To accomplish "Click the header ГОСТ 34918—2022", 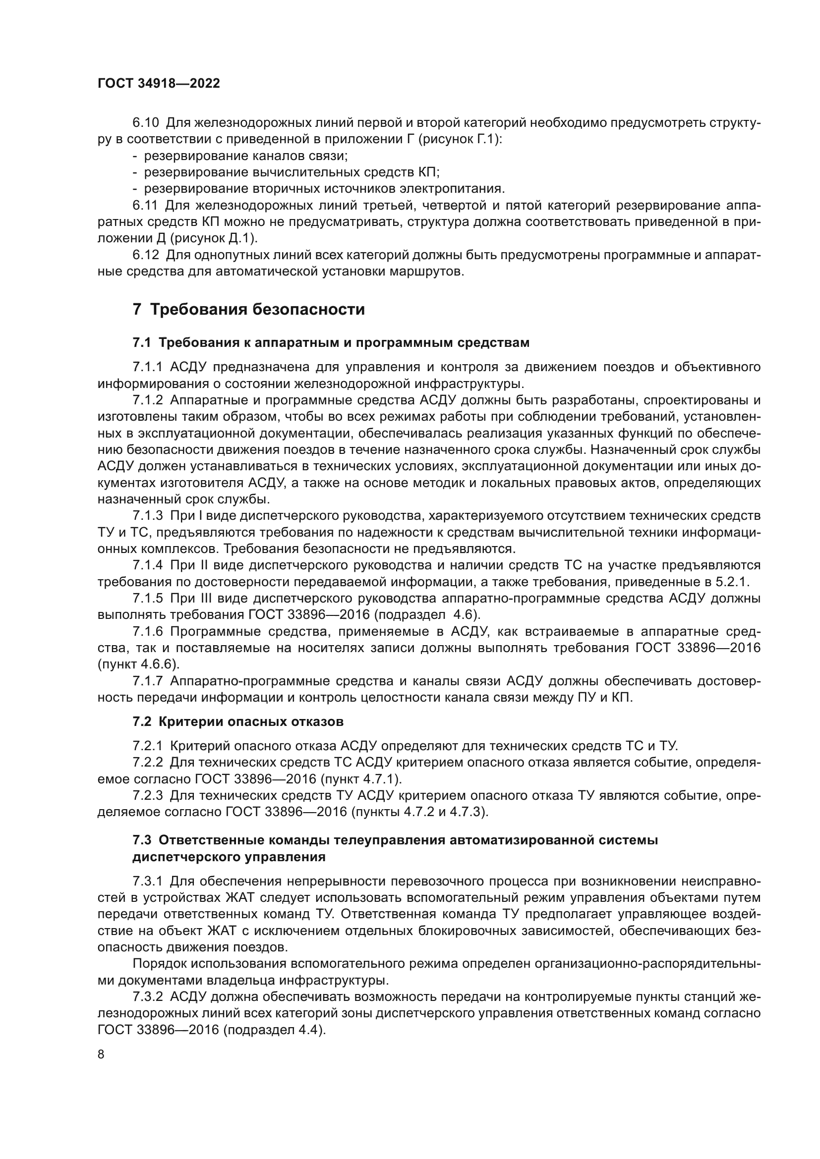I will coord(159,84).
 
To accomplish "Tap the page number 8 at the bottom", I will coord(101,1054).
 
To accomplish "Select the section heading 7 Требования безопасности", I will coord(248,309).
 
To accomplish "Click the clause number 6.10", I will coord(146,123).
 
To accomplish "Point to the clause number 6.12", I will coord(146,255).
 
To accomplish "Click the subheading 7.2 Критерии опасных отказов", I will coord(238,721).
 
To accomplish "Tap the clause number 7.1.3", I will coord(148,515).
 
